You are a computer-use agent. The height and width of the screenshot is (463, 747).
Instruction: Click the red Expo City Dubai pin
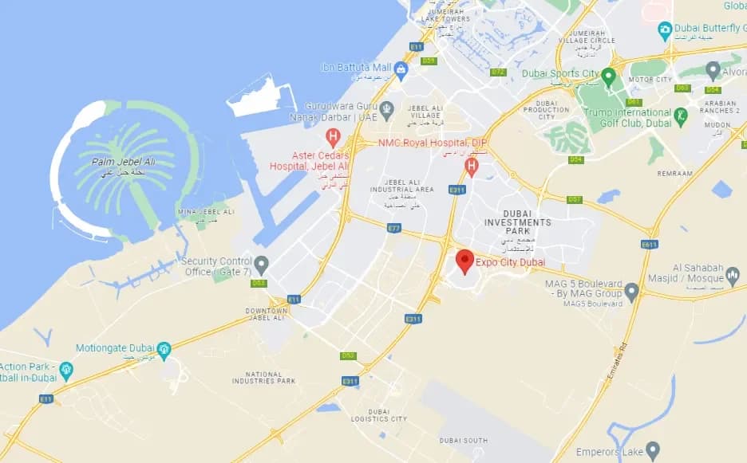pos(464,261)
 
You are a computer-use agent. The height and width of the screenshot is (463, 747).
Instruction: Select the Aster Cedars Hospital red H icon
pos(334,136)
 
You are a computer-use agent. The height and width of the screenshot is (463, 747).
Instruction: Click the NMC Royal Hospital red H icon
pos(471,166)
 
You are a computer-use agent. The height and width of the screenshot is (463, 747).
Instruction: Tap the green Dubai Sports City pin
pos(608,76)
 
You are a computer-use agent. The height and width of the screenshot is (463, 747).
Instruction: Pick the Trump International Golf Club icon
pos(681,116)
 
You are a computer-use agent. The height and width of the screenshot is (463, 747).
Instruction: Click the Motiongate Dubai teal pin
pos(164,349)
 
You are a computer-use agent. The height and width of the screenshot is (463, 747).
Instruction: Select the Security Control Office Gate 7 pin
pos(261,264)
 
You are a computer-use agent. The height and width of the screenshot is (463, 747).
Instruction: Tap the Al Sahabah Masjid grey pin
pos(733,276)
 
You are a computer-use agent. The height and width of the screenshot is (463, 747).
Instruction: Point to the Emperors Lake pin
pos(653,451)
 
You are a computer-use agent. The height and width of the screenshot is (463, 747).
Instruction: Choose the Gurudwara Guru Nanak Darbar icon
pos(387,108)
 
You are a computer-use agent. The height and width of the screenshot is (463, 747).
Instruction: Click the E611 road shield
pos(649,244)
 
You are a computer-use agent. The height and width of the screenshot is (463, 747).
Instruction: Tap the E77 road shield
pos(393,228)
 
